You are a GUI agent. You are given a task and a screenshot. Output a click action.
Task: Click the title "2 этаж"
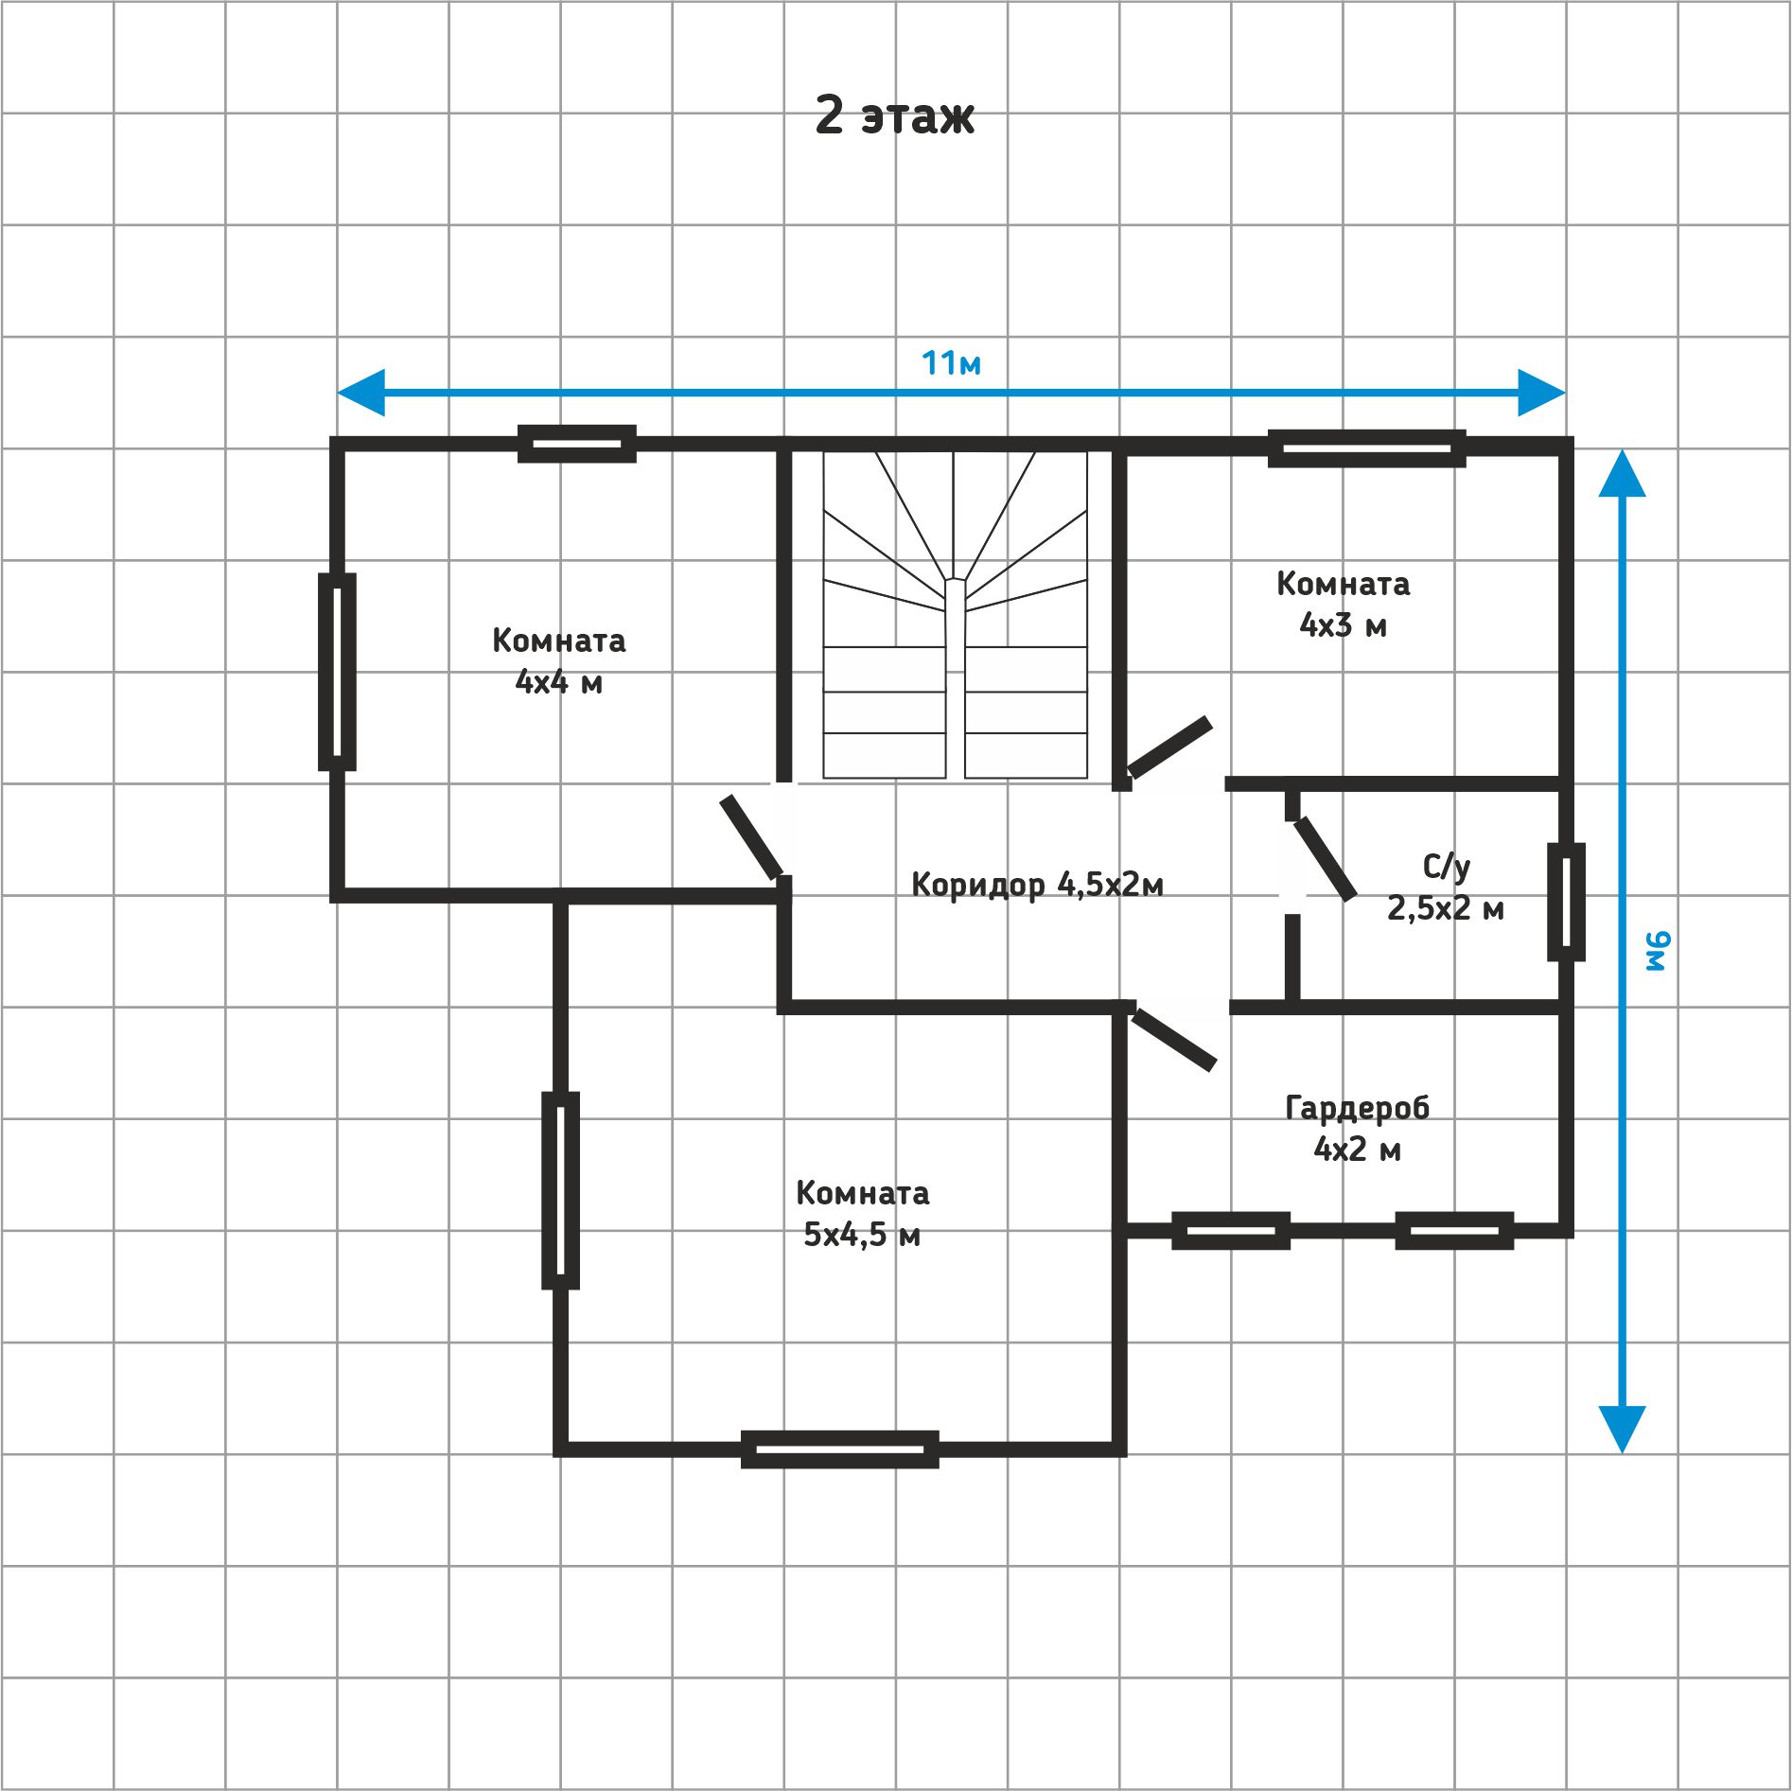[x=894, y=116]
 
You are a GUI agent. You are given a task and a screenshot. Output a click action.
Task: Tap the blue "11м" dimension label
[x=951, y=362]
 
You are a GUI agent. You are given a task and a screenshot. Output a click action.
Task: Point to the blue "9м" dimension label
[x=1659, y=951]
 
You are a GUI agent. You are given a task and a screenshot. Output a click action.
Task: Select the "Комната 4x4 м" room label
[x=559, y=660]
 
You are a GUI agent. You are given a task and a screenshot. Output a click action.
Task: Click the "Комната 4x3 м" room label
[x=1344, y=604]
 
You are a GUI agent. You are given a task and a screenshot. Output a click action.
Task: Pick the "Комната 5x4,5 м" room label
[x=862, y=1214]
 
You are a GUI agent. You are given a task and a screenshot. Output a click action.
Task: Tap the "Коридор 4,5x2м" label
[x=1037, y=885]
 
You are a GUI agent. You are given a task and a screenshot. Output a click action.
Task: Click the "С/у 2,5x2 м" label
[x=1446, y=887]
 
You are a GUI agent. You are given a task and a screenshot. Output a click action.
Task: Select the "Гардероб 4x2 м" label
[x=1357, y=1128]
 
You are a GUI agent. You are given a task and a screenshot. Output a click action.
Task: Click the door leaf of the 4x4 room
[x=751, y=836]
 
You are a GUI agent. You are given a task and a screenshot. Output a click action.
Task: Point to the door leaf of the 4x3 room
[x=1169, y=747]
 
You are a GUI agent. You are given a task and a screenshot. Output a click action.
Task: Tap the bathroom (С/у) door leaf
[x=1325, y=858]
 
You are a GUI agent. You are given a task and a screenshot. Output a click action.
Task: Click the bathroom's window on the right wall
[x=1566, y=902]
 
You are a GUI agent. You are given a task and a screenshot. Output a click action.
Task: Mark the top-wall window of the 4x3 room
[x=1367, y=448]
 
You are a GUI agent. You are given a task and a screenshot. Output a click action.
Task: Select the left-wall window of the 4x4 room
[x=337, y=672]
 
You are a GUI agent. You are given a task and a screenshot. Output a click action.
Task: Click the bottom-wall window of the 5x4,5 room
[x=840, y=1449]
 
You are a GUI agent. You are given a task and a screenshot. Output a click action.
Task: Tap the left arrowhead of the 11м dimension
[x=360, y=393]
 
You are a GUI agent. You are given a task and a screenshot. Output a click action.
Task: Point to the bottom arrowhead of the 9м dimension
[x=1622, y=1430]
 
